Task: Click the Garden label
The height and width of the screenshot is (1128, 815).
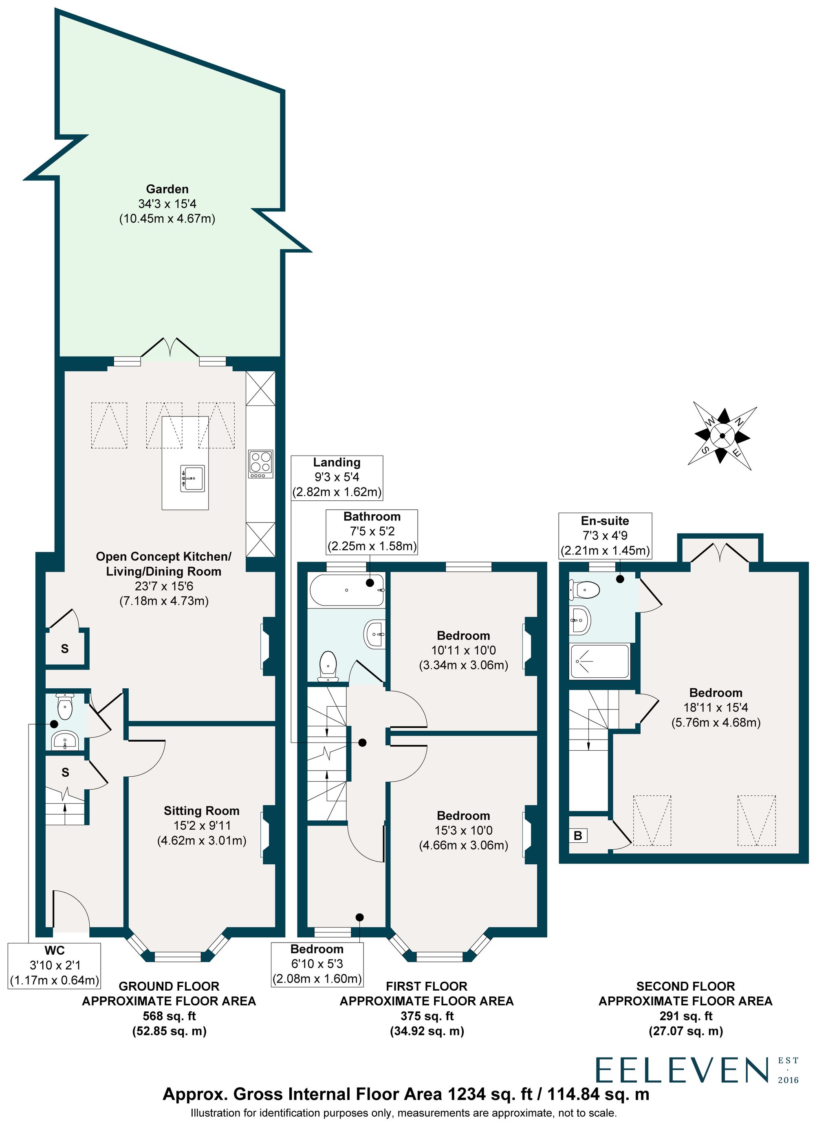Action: (167, 189)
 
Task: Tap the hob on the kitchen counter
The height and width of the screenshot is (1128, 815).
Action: (260, 464)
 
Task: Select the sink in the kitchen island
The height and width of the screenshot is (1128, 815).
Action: (192, 478)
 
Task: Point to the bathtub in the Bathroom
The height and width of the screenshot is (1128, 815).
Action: (347, 590)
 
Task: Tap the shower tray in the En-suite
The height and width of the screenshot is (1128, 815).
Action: (599, 661)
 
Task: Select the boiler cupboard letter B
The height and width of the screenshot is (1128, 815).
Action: (578, 835)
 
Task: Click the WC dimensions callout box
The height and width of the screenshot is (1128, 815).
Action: (55, 965)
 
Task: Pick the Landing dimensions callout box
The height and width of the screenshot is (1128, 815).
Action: (337, 477)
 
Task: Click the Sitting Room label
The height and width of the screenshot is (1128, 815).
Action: (201, 811)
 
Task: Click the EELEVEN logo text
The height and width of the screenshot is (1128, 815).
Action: (681, 1070)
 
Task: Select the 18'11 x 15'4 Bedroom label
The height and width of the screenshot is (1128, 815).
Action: (716, 707)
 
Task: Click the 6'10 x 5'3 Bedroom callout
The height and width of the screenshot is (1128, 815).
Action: (317, 963)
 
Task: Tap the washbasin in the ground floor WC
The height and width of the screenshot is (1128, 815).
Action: (65, 741)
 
